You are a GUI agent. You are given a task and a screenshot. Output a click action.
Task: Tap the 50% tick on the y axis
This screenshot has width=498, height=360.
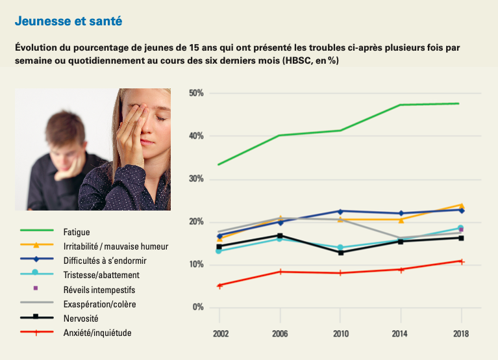(196, 94)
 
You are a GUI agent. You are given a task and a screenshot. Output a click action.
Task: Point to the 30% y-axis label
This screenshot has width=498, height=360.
(196, 179)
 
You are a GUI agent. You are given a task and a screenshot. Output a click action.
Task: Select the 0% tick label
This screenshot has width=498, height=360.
(198, 307)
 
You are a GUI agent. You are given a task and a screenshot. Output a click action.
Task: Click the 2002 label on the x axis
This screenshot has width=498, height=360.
(219, 333)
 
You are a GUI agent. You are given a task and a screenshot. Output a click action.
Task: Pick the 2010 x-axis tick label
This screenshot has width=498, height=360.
(340, 333)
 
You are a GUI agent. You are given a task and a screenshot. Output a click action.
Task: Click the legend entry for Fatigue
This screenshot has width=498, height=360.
(77, 232)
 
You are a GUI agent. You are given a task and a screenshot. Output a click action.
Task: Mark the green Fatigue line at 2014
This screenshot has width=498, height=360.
(400, 105)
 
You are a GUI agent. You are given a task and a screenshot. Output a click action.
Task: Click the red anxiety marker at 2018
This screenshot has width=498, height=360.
(462, 261)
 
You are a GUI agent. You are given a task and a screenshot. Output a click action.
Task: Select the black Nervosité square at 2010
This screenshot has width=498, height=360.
(340, 252)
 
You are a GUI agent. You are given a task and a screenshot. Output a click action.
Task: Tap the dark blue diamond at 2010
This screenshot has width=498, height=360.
(340, 211)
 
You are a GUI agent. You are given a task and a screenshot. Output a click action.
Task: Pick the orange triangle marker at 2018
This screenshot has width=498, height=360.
(461, 205)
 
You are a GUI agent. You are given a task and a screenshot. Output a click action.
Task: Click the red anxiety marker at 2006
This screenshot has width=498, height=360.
(280, 272)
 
